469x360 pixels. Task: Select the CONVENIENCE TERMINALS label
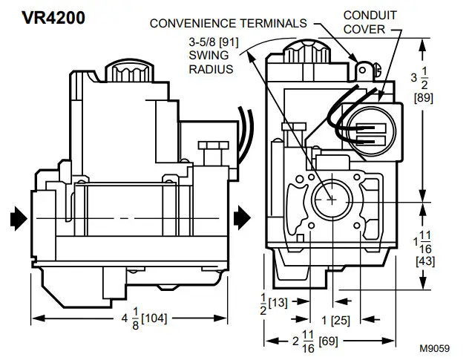click(x=228, y=23)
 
